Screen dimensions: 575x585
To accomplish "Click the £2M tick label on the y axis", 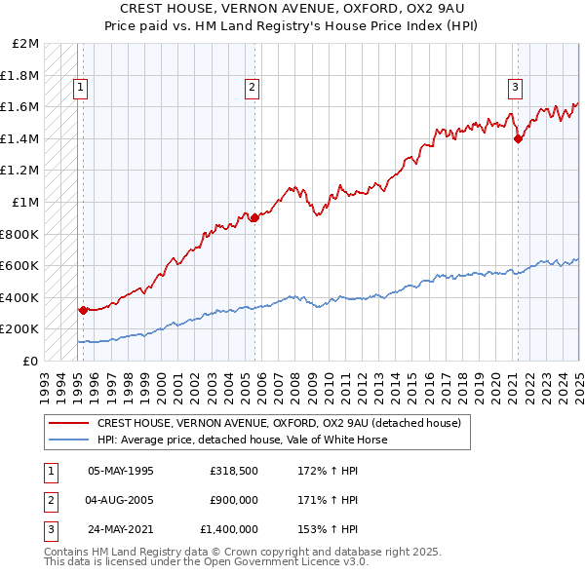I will pos(26,44).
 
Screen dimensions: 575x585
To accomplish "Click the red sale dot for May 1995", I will pos(84,311).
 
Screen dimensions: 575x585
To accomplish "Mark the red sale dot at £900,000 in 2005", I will pos(254,218).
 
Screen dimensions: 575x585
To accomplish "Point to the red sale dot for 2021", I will pos(518,138).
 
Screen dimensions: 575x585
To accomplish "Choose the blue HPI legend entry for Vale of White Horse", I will pos(242,440).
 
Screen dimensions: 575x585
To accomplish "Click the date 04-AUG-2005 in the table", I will pos(120,500).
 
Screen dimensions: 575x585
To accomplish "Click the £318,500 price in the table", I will pos(232,471).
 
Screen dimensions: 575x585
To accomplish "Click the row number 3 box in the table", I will pos(49,529).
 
